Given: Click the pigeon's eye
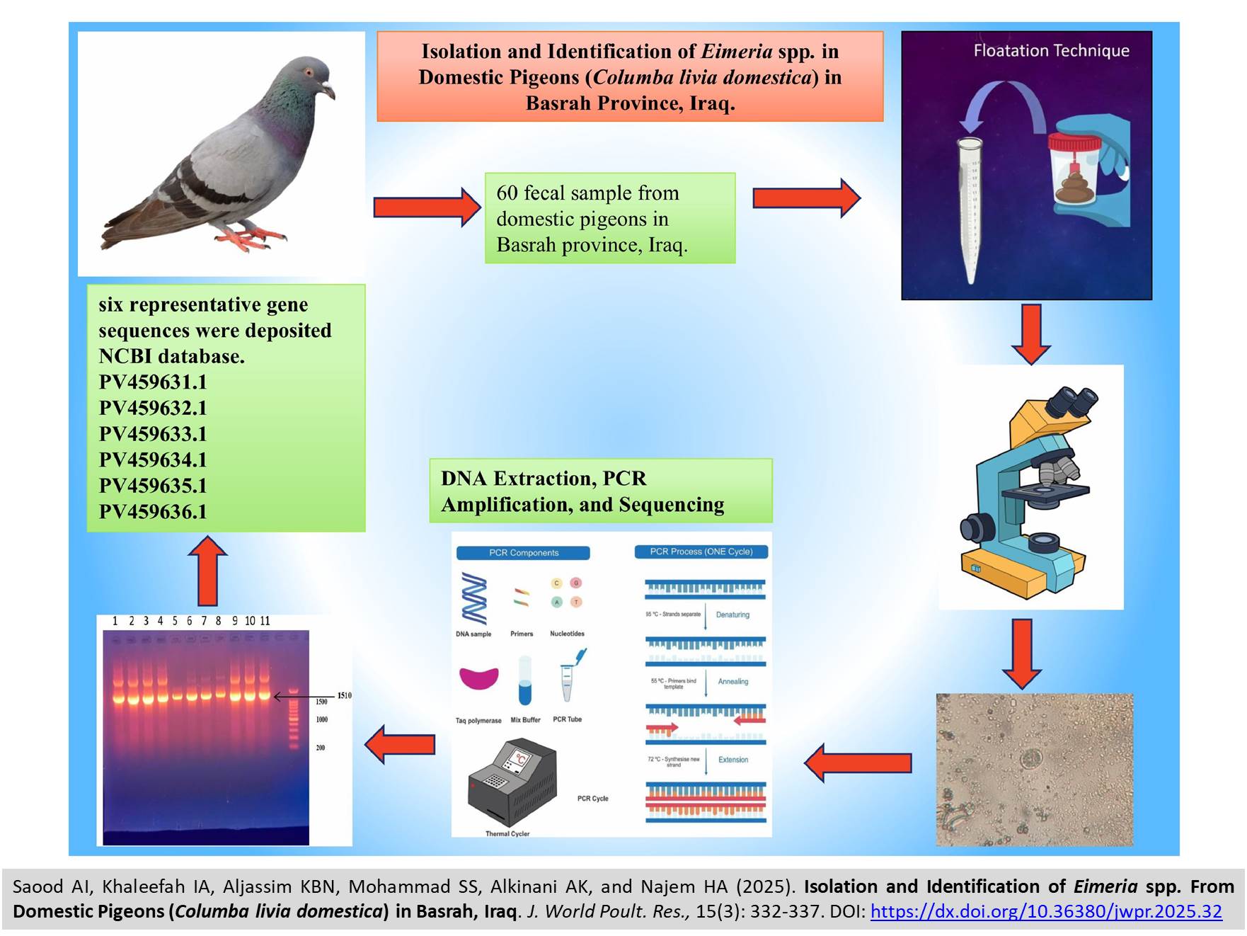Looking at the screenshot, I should [309, 72].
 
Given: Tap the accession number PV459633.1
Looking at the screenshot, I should [153, 434].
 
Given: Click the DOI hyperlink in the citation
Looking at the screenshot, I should [1046, 911].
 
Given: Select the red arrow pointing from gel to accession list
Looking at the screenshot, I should [207, 571].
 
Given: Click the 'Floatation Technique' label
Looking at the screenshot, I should [1051, 51].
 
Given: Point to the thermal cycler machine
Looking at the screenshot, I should [512, 782].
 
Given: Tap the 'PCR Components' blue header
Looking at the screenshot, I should [523, 553].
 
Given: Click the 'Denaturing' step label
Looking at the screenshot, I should [732, 615].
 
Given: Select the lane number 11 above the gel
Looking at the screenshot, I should [265, 621].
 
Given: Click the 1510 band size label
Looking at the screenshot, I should [344, 695].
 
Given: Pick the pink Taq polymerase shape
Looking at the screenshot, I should [478, 678].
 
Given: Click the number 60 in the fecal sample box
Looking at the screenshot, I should [507, 193].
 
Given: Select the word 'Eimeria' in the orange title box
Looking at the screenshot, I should [737, 51].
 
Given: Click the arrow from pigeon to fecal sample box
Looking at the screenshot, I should [427, 207].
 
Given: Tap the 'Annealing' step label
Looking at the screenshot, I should [732, 682].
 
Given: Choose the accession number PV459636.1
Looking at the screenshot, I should [153, 512].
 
